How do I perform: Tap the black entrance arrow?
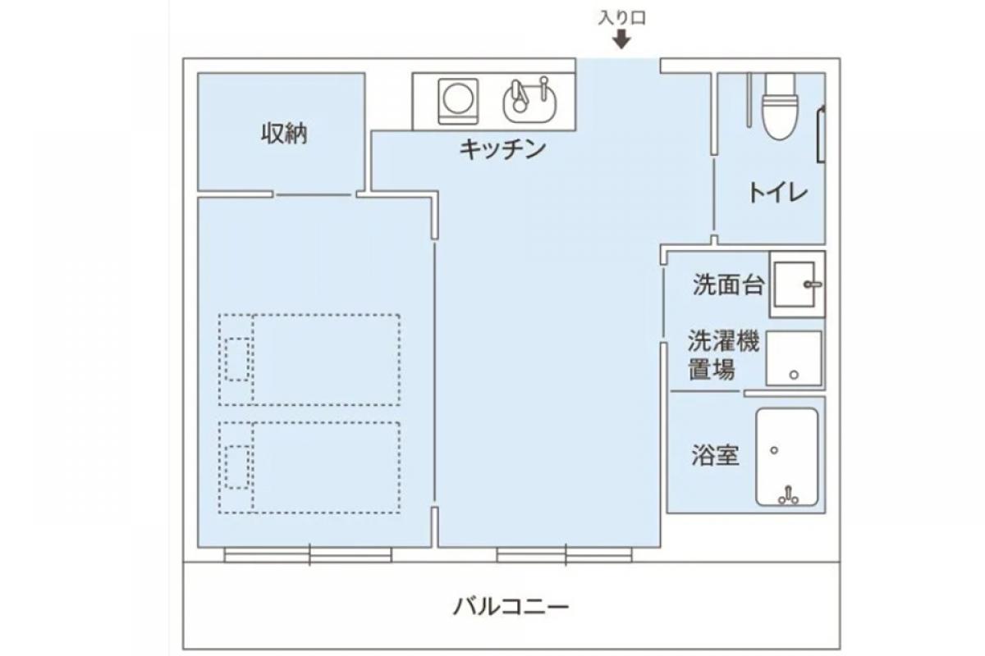coord(621,39)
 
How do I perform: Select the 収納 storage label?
coord(284,133)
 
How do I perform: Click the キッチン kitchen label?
coord(502,149)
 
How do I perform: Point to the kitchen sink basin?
coord(529,101)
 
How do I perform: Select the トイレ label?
coord(777,194)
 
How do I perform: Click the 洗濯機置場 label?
coord(723,355)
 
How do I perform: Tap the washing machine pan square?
coord(794,358)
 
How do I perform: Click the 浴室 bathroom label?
coord(714,456)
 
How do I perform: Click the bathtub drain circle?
coord(773,450)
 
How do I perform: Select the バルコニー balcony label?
coord(511,608)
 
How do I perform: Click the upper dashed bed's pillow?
coord(237,359)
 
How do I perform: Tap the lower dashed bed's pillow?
coord(237,467)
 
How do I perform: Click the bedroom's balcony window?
coord(309,555)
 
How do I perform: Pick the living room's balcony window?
coord(564,555)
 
